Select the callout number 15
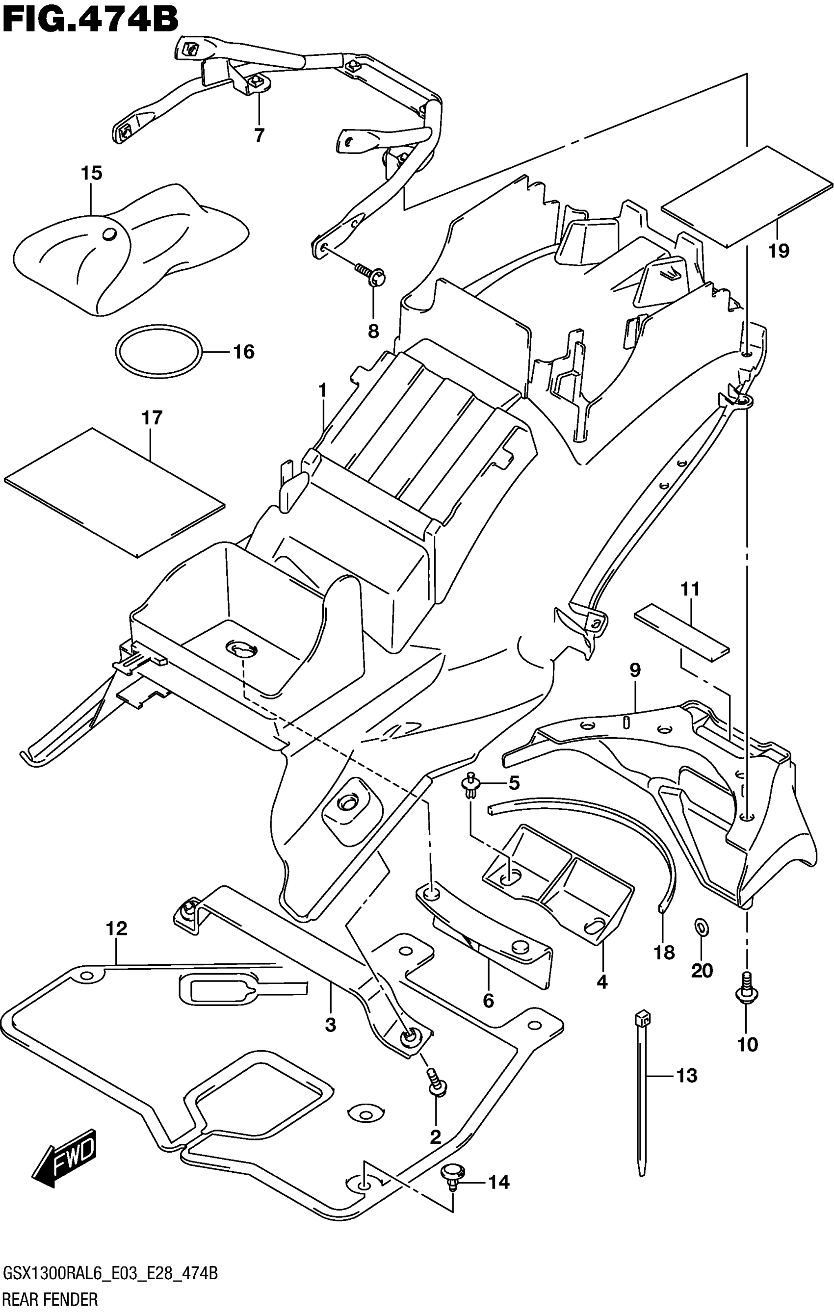91,173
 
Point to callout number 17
152,418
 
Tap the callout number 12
117,928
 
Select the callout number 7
259,135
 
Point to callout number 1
323,390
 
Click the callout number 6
488,1001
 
